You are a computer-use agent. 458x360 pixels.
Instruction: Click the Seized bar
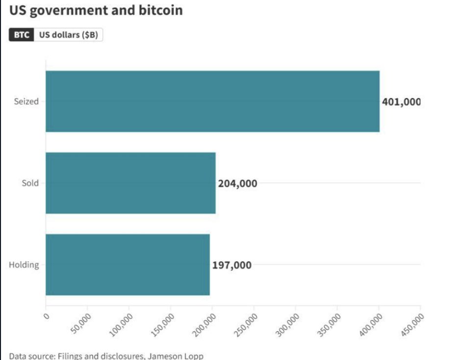tap(212, 102)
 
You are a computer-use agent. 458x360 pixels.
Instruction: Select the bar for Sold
tap(130, 183)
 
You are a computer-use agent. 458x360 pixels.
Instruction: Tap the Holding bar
tap(127, 265)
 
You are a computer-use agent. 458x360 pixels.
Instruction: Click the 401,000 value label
tap(401, 102)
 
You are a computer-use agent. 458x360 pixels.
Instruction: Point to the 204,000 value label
tap(237, 183)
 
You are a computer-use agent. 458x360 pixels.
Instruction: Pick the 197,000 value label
tap(232, 265)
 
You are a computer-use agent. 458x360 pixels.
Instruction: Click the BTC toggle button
tap(22, 35)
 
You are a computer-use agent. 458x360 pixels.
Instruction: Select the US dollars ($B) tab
tap(68, 35)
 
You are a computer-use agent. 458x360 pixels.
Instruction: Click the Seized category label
tap(26, 102)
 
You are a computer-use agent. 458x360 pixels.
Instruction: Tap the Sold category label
tap(30, 183)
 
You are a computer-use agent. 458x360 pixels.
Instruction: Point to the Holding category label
tap(24, 265)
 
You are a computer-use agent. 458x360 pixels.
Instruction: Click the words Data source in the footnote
tap(32, 356)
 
